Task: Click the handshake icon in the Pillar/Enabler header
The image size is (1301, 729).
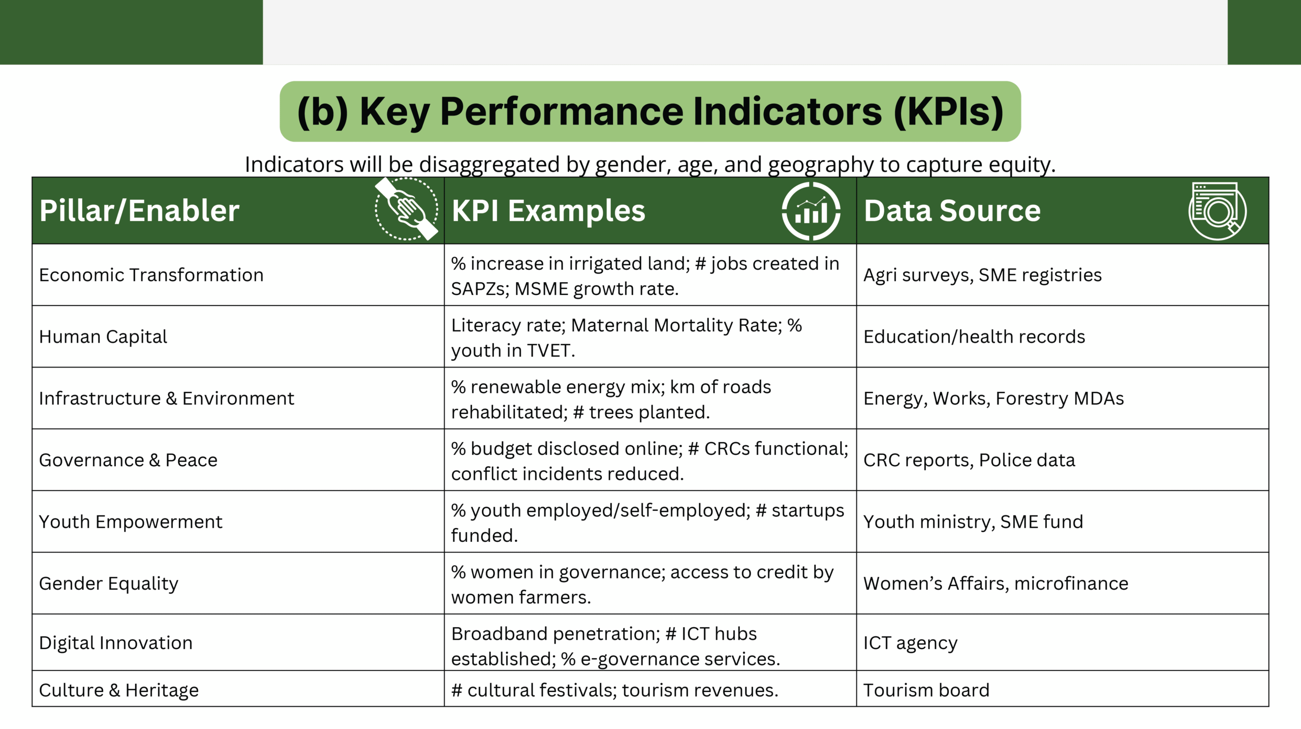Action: click(407, 208)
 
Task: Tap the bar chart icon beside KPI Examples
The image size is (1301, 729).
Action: click(811, 211)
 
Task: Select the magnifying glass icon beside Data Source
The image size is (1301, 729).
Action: click(1217, 210)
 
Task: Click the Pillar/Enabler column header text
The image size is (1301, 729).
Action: click(139, 211)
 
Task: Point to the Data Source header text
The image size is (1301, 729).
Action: click(952, 210)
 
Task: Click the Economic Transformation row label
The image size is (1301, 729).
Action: click(151, 275)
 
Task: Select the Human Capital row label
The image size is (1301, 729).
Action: click(103, 337)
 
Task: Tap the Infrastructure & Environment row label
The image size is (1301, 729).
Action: click(167, 399)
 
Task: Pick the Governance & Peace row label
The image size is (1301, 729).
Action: click(128, 460)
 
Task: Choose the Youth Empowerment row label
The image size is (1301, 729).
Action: click(131, 522)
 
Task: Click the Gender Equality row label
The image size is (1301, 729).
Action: click(109, 584)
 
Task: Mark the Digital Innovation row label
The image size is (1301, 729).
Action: click(116, 643)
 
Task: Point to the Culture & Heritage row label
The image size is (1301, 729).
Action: click(119, 690)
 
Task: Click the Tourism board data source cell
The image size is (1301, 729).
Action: click(926, 690)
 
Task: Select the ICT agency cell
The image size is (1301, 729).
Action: click(911, 643)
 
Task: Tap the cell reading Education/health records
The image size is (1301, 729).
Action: click(974, 337)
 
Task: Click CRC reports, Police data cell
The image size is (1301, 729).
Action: click(969, 460)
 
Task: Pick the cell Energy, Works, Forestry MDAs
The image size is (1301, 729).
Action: click(994, 399)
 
